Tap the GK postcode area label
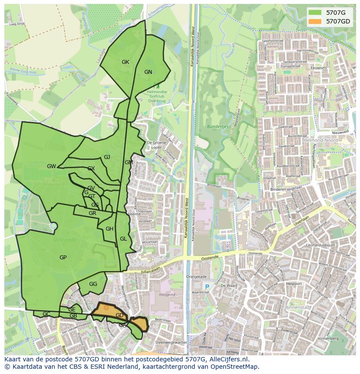125,62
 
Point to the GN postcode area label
148,72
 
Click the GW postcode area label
51,166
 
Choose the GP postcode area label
63,258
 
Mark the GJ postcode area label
107,157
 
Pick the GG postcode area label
93,284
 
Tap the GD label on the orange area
120,315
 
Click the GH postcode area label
110,229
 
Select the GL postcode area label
123,239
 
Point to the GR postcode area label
92,213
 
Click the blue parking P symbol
207,287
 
